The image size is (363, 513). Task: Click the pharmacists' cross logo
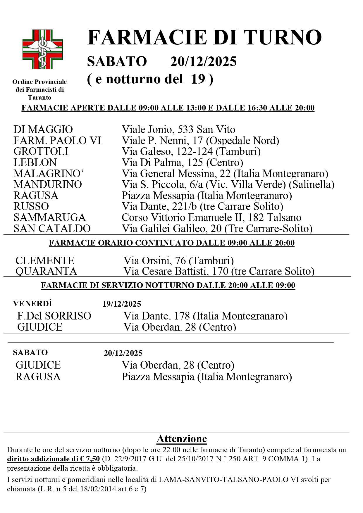(43, 49)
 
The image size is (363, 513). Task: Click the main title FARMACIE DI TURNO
(204, 37)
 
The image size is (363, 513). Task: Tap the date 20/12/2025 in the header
(203, 62)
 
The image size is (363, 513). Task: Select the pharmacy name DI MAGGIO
(43, 129)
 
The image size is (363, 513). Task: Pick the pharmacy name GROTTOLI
(41, 151)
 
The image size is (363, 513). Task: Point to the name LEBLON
(35, 163)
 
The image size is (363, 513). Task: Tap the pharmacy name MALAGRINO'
(49, 174)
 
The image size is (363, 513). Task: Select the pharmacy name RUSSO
(31, 206)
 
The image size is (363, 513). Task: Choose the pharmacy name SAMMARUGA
(50, 217)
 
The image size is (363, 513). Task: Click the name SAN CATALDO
(52, 229)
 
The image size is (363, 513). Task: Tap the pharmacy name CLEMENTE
(45, 260)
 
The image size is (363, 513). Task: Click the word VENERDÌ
(32, 304)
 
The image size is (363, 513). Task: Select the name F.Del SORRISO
(54, 316)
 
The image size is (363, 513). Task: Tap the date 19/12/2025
(122, 304)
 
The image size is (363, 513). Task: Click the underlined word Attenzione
(182, 439)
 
